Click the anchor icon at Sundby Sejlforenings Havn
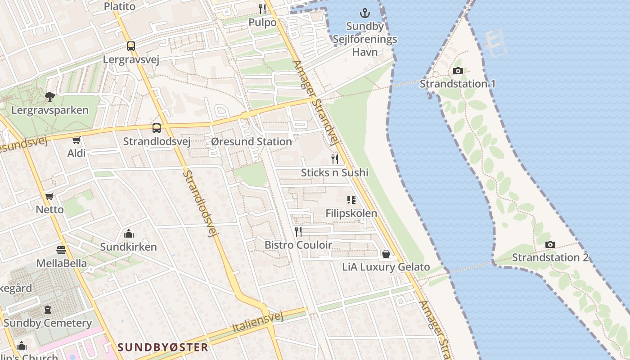pos(365,13)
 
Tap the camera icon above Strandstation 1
pos(458,71)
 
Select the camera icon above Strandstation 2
pos(550,244)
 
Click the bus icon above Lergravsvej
pos(130,46)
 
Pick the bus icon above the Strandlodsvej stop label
pos(157,128)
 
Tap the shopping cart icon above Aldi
pos(76,140)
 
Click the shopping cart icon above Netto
pos(49,197)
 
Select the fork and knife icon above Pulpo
pos(262,9)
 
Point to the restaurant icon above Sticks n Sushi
pos(335,159)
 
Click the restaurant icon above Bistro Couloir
pos(298,231)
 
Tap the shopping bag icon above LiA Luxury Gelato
pos(386,254)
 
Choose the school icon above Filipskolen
pos(351,200)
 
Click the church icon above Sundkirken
pos(128,234)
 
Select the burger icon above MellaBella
pos(61,250)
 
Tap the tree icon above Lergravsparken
pos(50,96)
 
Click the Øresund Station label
pos(251,142)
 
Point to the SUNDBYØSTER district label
pos(163,347)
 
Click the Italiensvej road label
pos(258,323)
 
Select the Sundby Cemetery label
pos(48,323)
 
